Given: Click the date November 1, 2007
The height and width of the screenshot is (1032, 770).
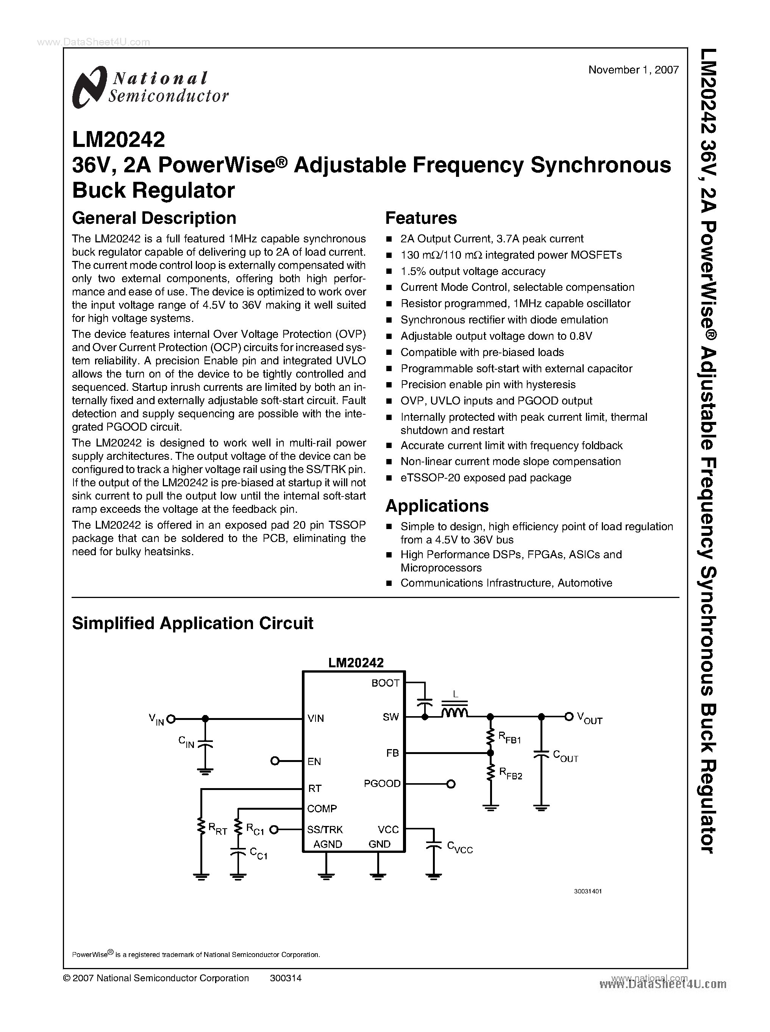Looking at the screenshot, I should (x=633, y=70).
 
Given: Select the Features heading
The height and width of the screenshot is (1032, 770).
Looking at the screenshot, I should (x=421, y=218).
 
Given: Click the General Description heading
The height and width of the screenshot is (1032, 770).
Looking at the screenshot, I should (x=154, y=218).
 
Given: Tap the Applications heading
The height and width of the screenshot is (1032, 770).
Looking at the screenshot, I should (x=437, y=506).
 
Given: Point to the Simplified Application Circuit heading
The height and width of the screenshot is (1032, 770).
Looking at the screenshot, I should (x=192, y=623).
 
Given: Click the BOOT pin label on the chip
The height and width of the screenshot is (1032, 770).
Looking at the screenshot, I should (x=385, y=683).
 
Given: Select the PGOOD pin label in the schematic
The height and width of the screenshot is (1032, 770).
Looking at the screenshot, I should (x=382, y=784).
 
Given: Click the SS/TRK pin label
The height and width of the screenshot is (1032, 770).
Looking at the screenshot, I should (x=325, y=829).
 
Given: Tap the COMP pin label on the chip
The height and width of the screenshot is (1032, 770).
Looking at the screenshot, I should (x=322, y=809).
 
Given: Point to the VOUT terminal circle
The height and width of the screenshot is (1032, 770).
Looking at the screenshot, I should (x=568, y=717).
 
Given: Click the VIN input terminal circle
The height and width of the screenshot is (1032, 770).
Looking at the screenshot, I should (x=171, y=719).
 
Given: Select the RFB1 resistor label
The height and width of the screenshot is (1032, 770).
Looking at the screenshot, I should (x=509, y=738).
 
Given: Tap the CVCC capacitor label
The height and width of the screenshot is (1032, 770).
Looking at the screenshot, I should (x=459, y=846).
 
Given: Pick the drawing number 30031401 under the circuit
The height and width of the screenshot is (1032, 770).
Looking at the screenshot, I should (x=588, y=891).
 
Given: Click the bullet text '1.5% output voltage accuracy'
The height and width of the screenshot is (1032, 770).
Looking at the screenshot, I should (x=473, y=271).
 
